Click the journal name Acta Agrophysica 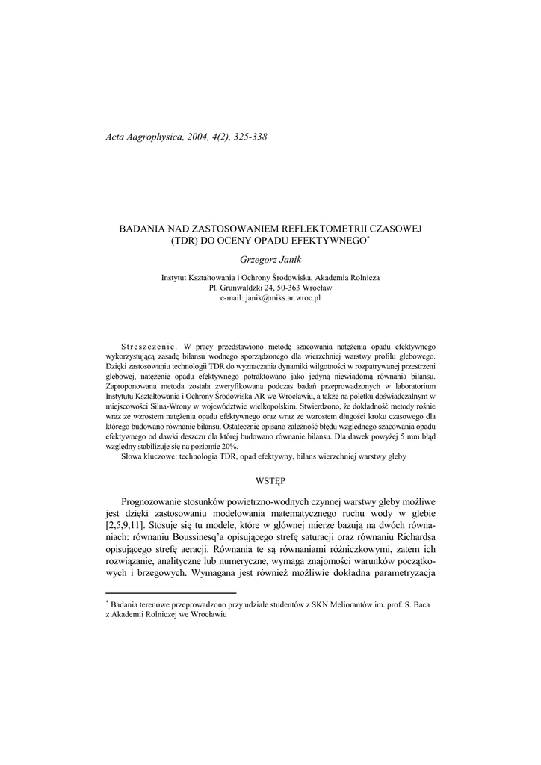tap(143, 137)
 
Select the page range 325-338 tap(244, 137)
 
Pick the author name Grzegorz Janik tap(270, 260)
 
